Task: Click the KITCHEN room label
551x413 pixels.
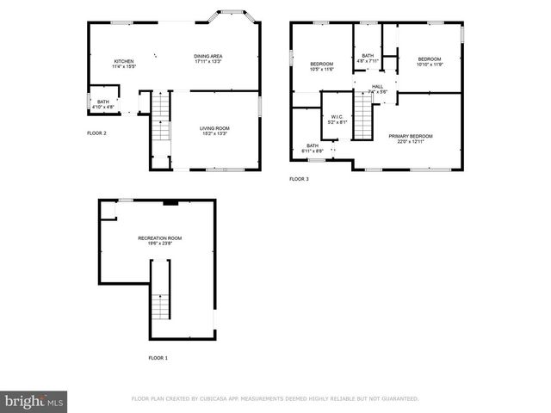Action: (124, 61)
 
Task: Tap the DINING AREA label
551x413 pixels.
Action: (208, 56)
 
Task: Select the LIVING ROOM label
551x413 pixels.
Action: (214, 128)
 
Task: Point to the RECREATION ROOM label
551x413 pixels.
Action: (160, 237)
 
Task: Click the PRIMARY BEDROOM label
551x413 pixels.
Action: (410, 136)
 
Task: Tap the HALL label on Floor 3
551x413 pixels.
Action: (377, 86)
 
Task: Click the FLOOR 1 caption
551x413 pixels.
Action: (158, 357)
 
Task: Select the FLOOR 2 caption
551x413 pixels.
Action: (96, 133)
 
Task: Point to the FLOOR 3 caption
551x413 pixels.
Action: (299, 179)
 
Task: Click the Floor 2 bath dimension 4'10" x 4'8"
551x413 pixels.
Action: (103, 108)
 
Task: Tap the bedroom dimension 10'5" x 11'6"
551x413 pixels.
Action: (322, 69)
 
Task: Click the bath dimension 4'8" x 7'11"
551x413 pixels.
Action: (368, 61)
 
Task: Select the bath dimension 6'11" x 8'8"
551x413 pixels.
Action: (313, 151)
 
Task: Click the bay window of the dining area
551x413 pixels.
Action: (232, 16)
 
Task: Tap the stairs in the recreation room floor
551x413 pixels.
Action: (158, 305)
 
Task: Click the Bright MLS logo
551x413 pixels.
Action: (34, 401)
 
